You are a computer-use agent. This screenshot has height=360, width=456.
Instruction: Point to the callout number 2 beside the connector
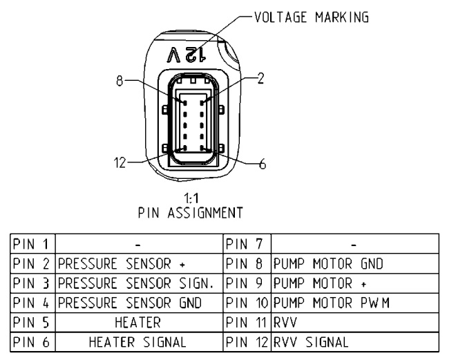[260, 78]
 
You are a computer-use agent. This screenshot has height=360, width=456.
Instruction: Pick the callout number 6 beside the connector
[263, 164]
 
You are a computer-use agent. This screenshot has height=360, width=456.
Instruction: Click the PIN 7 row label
[243, 244]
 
